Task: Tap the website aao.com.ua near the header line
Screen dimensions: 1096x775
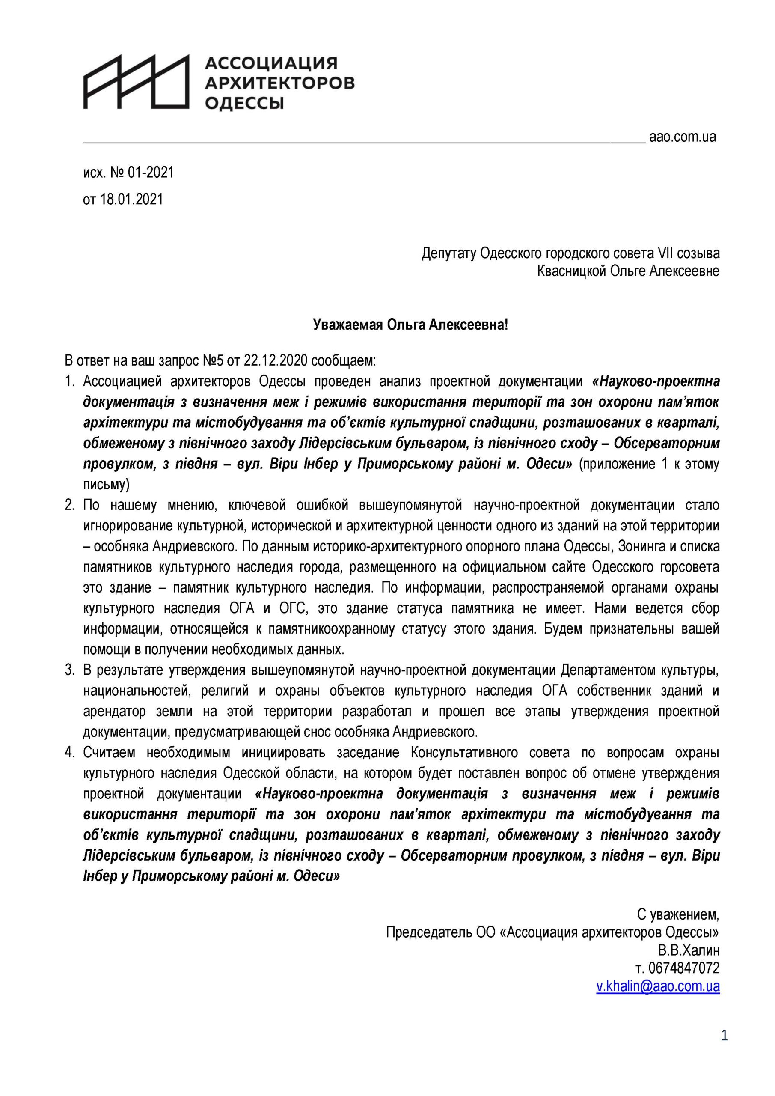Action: (x=683, y=137)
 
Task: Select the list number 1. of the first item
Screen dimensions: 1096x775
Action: (x=70, y=381)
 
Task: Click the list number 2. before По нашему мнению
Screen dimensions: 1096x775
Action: (x=70, y=505)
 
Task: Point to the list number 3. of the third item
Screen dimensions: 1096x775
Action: (x=70, y=670)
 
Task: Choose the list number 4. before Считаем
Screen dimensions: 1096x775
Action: (x=70, y=753)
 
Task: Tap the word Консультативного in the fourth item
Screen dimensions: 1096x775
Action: (x=464, y=753)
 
